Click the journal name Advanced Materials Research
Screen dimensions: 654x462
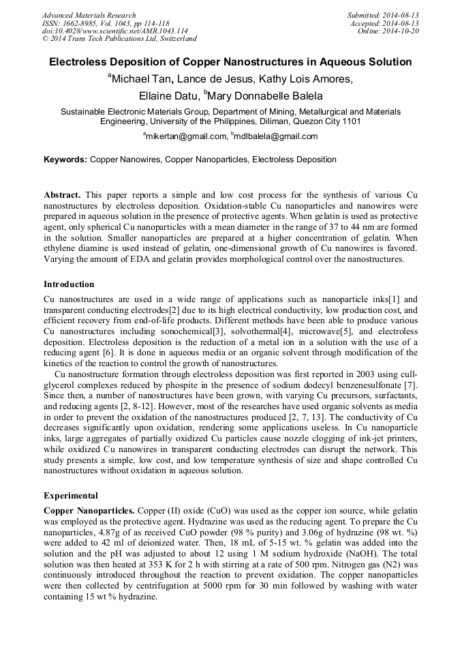click(x=89, y=15)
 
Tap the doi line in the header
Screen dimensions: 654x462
click(x=114, y=31)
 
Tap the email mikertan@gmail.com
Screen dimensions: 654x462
click(x=186, y=136)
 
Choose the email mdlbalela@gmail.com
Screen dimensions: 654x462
click(x=276, y=136)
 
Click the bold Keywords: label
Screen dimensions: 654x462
click(x=65, y=160)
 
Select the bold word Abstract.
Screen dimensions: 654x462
click(x=63, y=194)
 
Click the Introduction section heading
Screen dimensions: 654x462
click(x=69, y=284)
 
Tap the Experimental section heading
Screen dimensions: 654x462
click(x=71, y=496)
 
